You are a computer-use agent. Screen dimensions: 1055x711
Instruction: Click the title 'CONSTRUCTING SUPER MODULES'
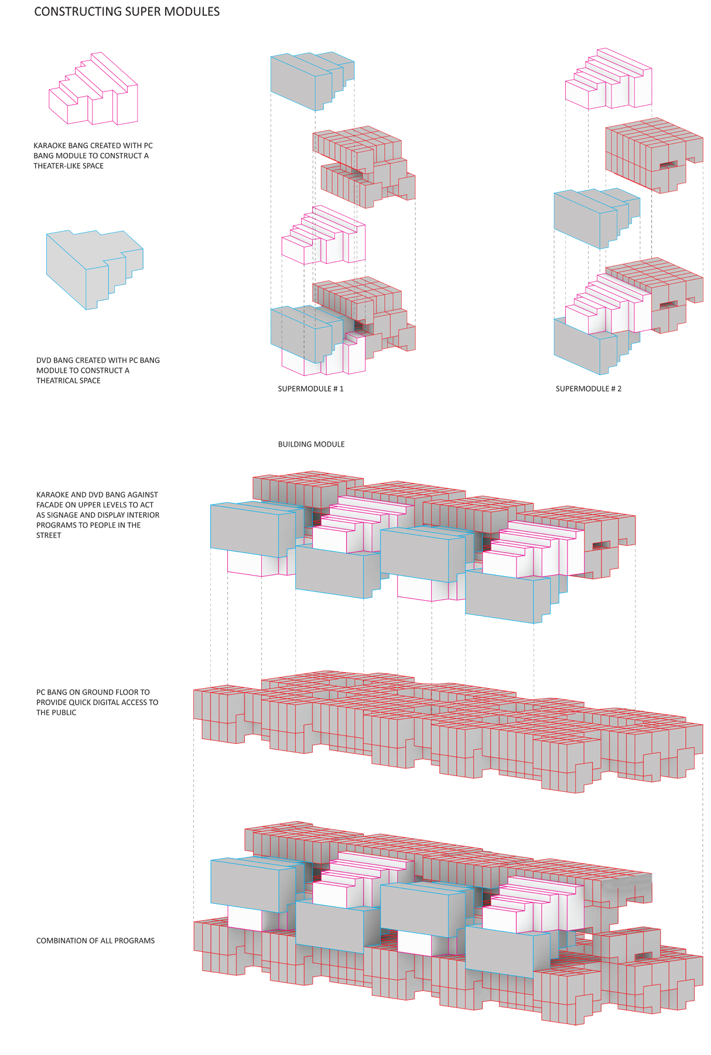tap(127, 12)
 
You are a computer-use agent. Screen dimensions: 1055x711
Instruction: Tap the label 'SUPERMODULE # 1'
tap(310, 389)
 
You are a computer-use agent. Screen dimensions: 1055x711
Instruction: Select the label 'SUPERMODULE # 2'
tap(588, 389)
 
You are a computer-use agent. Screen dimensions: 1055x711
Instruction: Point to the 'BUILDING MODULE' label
tap(311, 444)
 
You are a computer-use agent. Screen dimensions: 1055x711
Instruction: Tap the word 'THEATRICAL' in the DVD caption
tap(58, 380)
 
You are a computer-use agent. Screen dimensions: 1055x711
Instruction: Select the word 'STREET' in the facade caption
tap(49, 535)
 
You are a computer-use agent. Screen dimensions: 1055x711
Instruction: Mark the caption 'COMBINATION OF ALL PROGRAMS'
tap(95, 941)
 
